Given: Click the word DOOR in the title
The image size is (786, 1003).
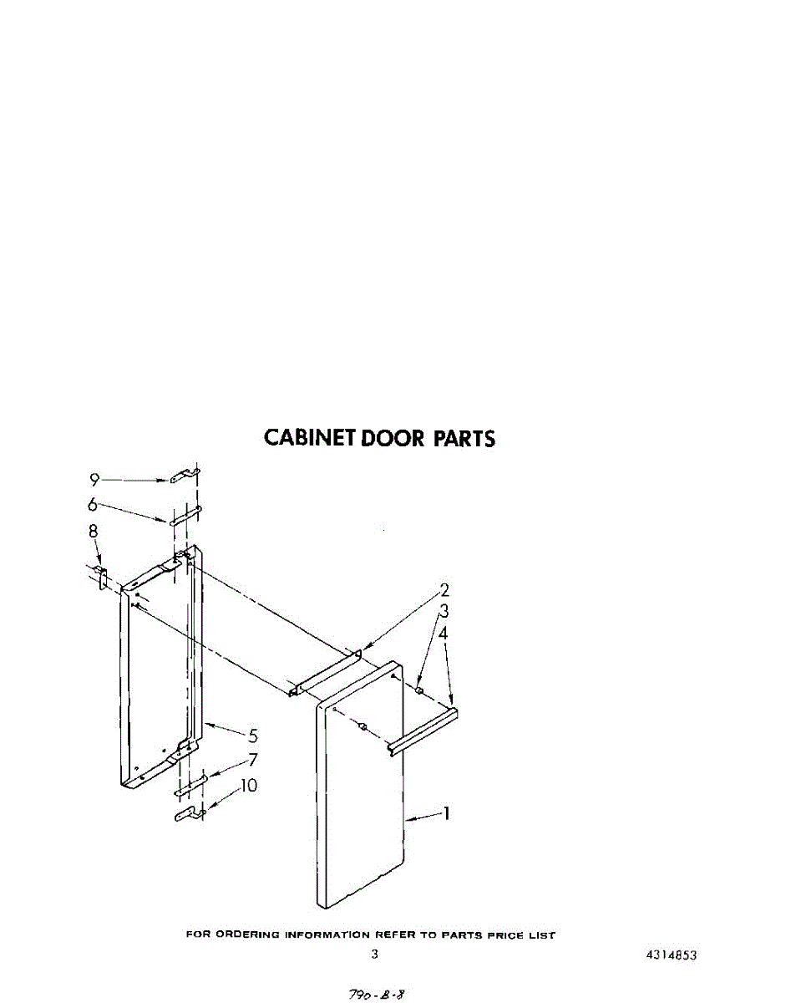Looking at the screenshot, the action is point(393,438).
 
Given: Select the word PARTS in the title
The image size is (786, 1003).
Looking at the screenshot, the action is point(464,438).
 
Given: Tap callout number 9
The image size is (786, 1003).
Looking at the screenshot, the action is point(95,480).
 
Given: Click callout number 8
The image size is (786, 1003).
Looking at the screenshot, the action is point(93,531).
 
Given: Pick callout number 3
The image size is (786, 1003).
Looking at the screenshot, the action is point(444,612).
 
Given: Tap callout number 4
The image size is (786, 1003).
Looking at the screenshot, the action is point(444,634).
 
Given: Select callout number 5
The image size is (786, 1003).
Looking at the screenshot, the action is point(252,736).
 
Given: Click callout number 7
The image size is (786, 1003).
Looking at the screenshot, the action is point(252,761).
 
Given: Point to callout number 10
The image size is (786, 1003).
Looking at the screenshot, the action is point(249,786).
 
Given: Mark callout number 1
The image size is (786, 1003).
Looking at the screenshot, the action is point(447,812).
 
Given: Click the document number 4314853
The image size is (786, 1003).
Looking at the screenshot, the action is point(672,955).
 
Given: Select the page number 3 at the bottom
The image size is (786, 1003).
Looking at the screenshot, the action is point(374,954).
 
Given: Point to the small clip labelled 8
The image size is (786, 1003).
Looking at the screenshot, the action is point(103,576).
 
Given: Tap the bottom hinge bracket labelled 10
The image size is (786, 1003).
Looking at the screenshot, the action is point(189,812).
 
